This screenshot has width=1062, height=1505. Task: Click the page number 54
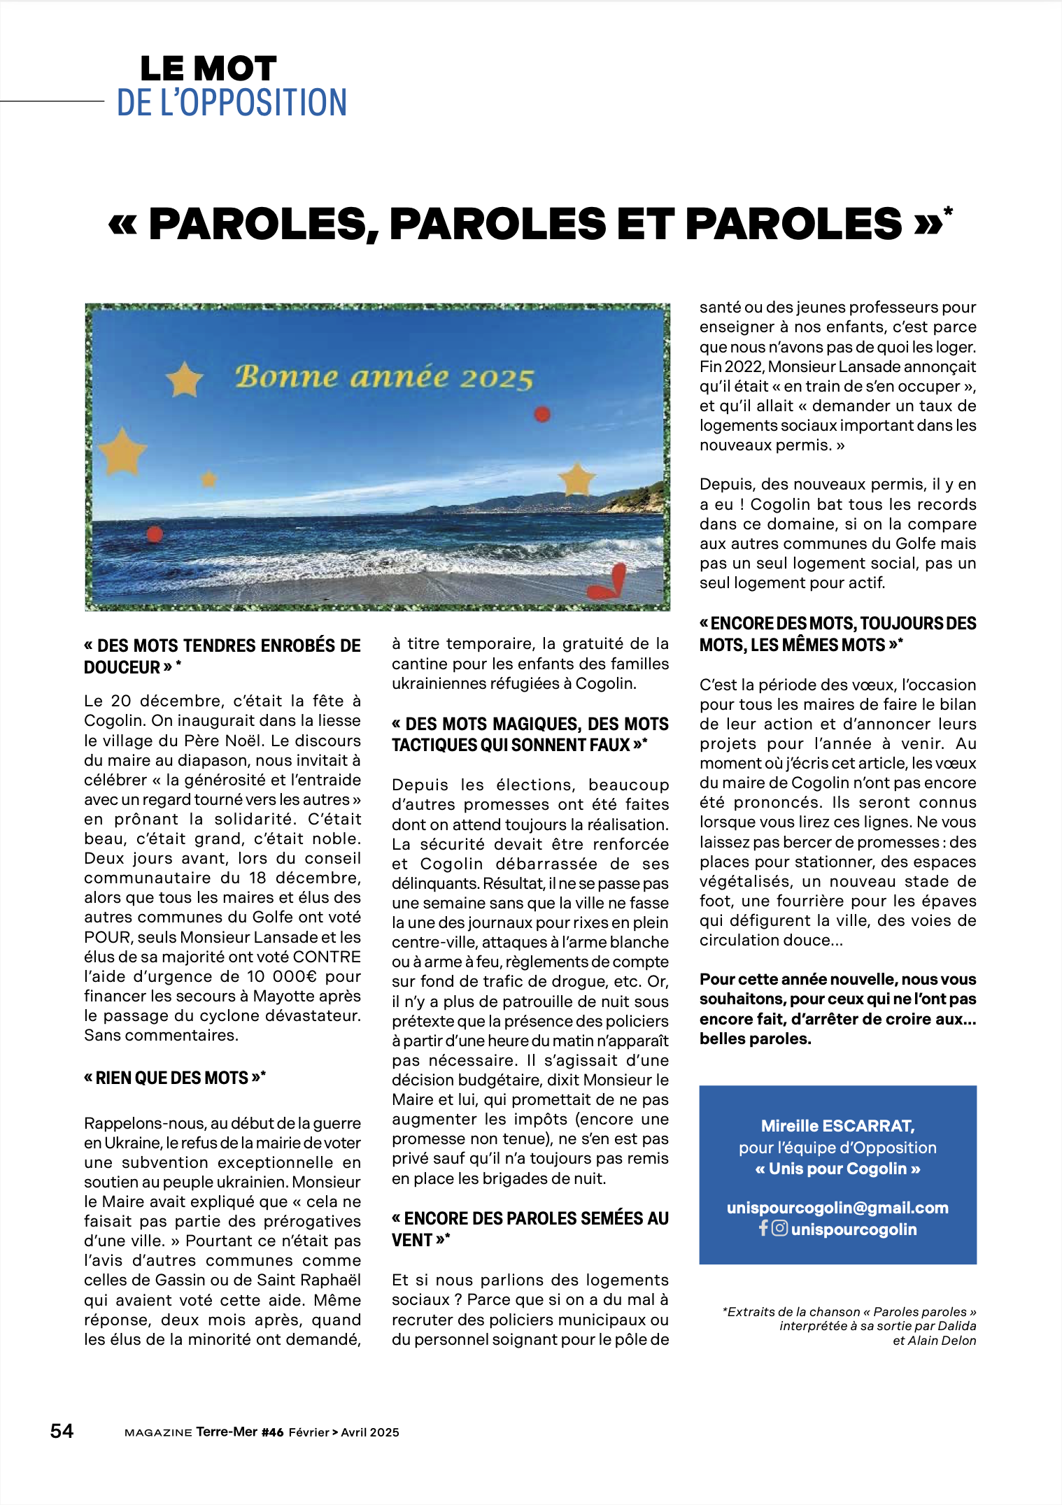click(x=62, y=1431)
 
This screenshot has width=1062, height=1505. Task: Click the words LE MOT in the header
click(x=208, y=69)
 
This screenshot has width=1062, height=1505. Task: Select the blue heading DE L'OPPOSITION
click(x=232, y=103)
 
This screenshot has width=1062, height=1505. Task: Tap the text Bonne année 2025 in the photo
click(x=384, y=377)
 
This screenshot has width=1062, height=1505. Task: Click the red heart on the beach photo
click(x=607, y=583)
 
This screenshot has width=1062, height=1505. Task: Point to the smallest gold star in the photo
click(x=208, y=480)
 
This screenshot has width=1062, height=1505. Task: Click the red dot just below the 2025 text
click(x=542, y=415)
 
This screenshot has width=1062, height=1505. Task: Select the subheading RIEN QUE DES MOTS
click(x=174, y=1078)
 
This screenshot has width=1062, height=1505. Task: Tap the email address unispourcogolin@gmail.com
click(x=837, y=1208)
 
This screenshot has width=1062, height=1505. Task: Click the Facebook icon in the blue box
click(x=763, y=1228)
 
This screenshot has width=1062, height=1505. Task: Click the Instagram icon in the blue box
click(x=779, y=1228)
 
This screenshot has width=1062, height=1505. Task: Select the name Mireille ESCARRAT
click(x=837, y=1126)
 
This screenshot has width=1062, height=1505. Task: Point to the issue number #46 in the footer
click(x=273, y=1432)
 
